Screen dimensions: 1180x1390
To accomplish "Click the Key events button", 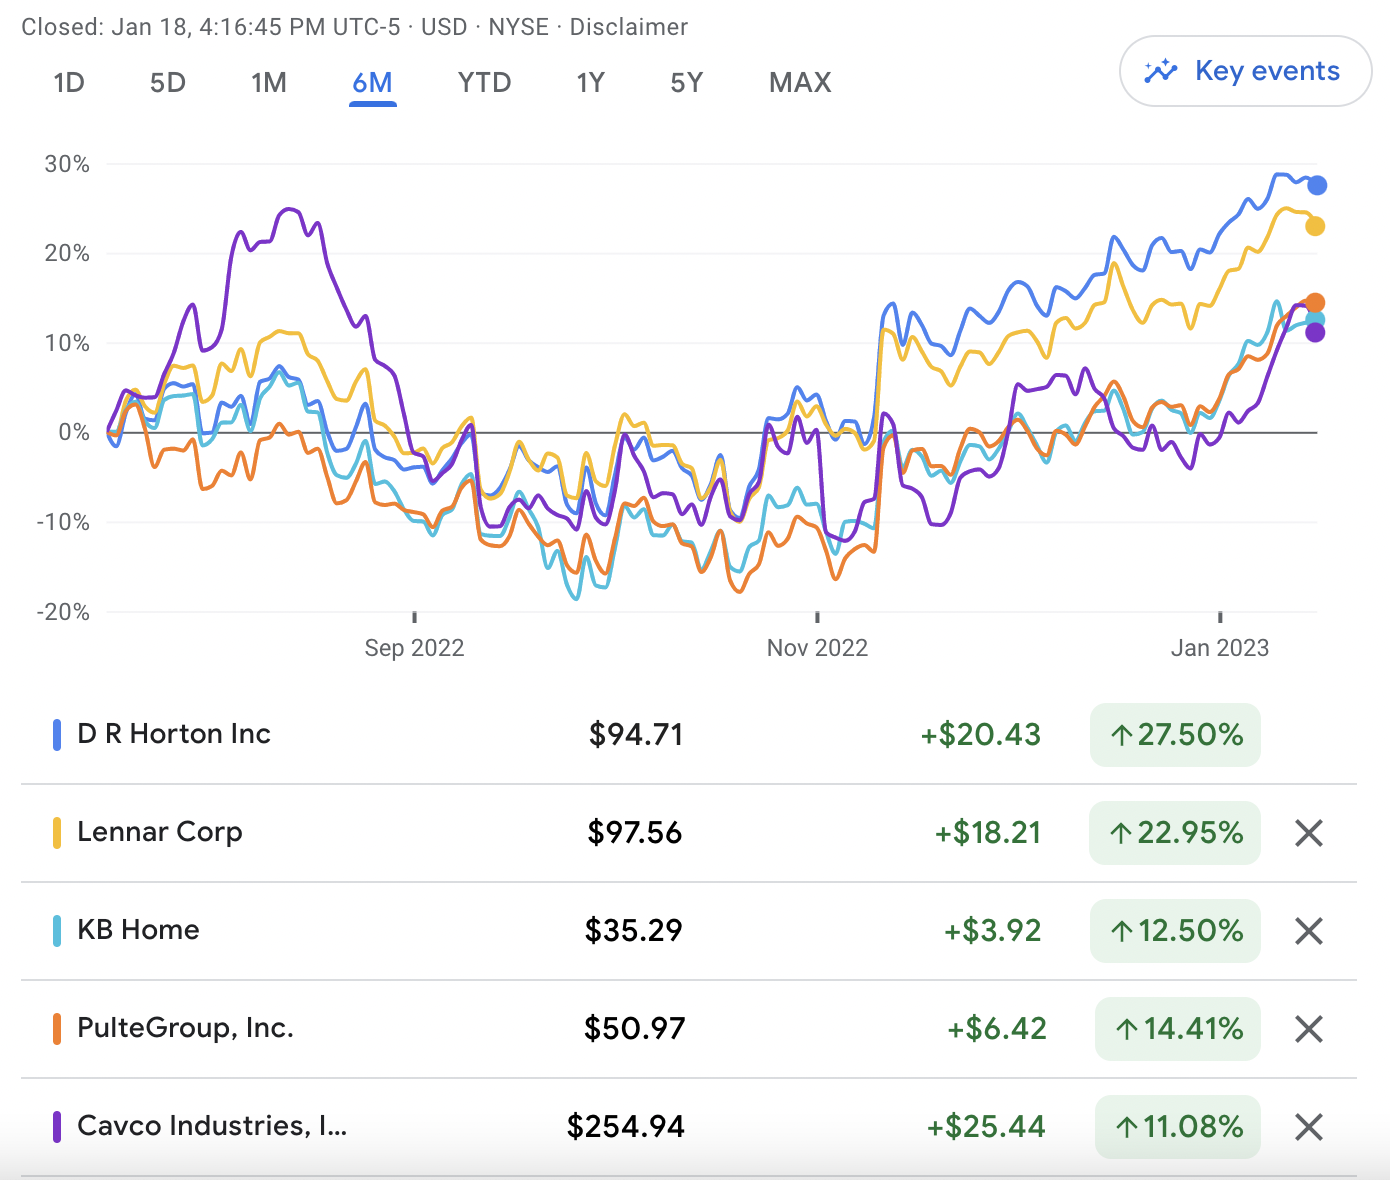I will point(1245,71).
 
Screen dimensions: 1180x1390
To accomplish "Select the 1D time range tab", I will point(69,82).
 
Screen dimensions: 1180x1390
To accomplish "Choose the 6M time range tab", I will point(372,82).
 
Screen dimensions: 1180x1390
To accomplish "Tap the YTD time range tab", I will point(484,82).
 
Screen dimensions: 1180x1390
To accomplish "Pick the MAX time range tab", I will point(800,82).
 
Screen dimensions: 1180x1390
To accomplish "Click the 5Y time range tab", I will point(686,82).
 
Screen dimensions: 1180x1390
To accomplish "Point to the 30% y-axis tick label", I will point(67,164).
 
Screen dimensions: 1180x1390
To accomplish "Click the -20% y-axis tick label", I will point(63,612).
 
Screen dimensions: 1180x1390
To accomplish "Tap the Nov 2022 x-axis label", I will point(817,648).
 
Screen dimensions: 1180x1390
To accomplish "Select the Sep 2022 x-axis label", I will point(414,648).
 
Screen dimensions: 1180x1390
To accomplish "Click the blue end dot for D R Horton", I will point(1317,185).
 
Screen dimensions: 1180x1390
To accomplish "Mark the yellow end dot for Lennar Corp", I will point(1315,226).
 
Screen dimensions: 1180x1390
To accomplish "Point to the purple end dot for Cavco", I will point(1315,332).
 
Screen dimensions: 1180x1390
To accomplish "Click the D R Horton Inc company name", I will point(174,734).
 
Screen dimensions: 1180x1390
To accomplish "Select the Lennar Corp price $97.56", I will point(635,832).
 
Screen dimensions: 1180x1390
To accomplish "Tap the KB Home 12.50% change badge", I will point(1175,931).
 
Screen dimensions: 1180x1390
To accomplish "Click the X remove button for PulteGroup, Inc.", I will point(1309,1029).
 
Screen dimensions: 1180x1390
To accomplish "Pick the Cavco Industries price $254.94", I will point(626,1127).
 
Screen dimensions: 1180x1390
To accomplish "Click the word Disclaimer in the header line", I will point(629,27).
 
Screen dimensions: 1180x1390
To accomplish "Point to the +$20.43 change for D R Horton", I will point(981,735).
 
